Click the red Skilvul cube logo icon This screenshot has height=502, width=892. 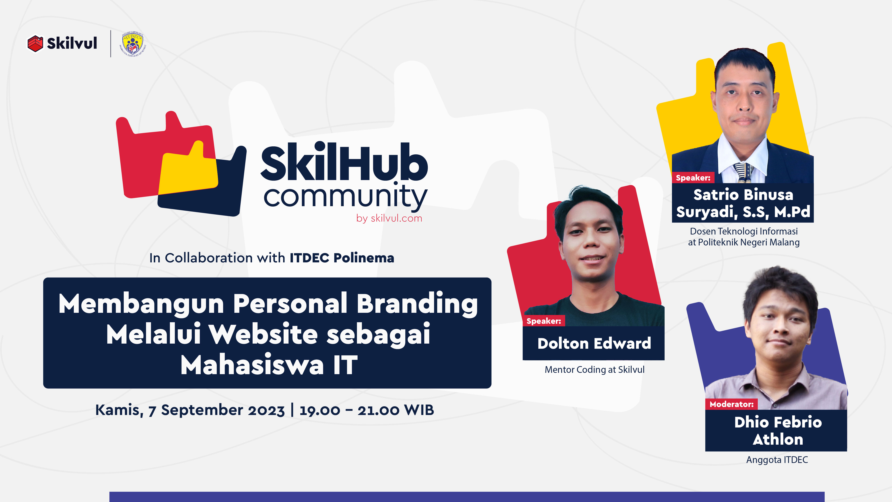coord(35,44)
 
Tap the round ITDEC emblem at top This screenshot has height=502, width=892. coord(133,44)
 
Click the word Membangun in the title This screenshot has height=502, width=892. coord(141,303)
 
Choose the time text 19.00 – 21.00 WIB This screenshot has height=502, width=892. coord(366,410)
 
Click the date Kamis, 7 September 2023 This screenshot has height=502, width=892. coord(190,410)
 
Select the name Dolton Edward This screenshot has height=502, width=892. coord(594,343)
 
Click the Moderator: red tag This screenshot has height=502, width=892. coord(731,404)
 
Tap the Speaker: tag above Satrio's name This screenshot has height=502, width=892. coord(693,178)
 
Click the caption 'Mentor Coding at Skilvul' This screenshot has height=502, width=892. coord(594,370)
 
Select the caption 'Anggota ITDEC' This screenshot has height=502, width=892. coord(777,460)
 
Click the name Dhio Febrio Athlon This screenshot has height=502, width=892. coord(777,431)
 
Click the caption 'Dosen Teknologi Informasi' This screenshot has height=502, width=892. coord(744,231)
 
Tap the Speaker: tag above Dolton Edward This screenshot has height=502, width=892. coord(544,321)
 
